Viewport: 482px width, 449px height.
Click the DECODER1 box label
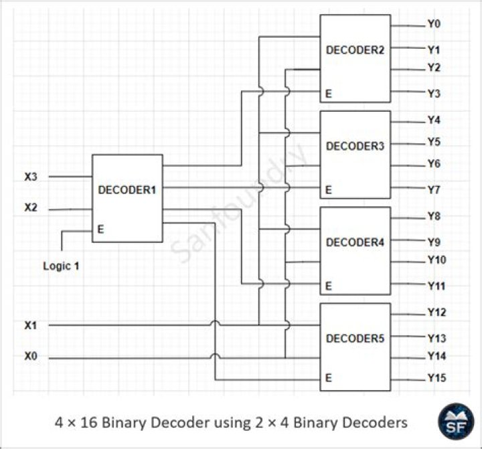[127, 190]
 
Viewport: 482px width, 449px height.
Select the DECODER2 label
[355, 50]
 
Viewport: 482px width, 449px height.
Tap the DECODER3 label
[355, 146]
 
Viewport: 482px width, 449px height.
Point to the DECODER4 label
[355, 242]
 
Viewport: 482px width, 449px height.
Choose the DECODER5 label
[355, 339]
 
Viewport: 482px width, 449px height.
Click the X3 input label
[31, 177]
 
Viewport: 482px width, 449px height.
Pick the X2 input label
[31, 208]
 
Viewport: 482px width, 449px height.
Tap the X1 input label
[31, 325]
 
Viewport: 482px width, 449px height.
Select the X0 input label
[31, 357]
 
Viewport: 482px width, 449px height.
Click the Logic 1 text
[61, 266]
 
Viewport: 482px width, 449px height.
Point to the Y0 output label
[434, 24]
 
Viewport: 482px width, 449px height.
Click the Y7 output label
[434, 190]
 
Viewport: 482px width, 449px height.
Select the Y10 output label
[436, 260]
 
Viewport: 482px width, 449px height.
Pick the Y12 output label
[436, 312]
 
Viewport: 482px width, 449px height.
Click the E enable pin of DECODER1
[100, 229]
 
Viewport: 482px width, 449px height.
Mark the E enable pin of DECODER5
[329, 377]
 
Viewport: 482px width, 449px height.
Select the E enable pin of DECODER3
[329, 191]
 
